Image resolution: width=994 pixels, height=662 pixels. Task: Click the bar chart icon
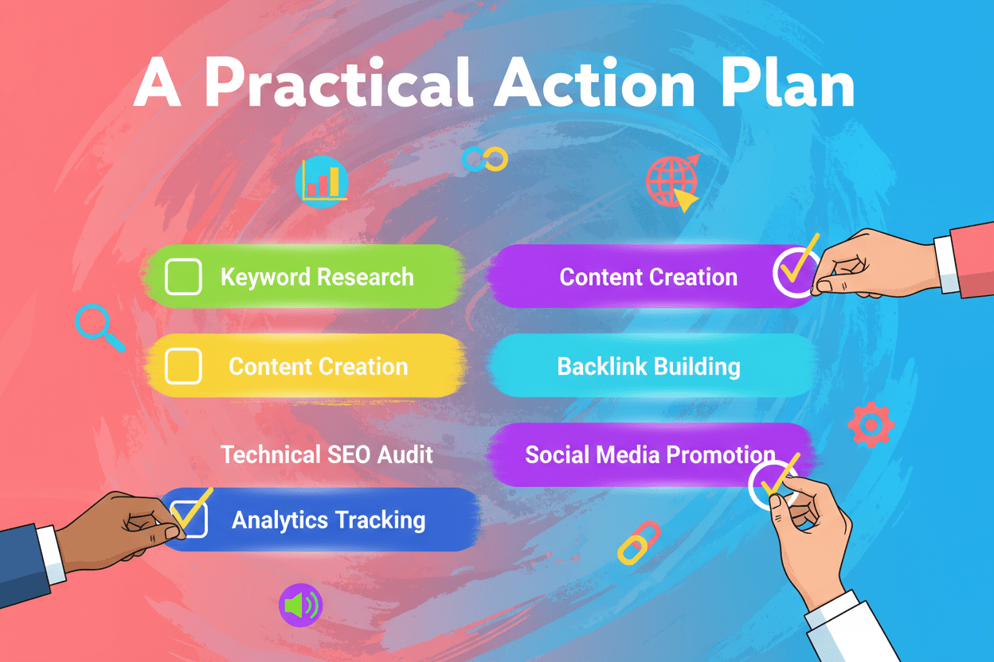(x=322, y=181)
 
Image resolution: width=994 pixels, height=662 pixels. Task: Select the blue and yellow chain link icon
(x=485, y=159)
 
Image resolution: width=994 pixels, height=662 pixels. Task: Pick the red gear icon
(x=871, y=425)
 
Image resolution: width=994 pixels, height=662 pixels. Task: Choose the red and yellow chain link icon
(x=639, y=543)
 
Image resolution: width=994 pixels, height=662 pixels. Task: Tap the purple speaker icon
(x=299, y=606)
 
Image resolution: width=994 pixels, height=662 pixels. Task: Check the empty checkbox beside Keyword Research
(x=183, y=277)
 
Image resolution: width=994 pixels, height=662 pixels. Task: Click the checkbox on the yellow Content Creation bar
(x=183, y=367)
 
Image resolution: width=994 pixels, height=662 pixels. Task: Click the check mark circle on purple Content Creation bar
(x=794, y=275)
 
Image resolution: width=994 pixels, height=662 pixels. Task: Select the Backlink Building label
(x=648, y=367)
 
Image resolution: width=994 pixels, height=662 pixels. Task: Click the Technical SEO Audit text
(x=327, y=454)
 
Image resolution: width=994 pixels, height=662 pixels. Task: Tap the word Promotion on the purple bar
(x=721, y=455)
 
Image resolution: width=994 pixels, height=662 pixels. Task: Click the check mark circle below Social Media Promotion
(x=773, y=483)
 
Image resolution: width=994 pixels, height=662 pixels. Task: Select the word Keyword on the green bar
(x=265, y=277)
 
